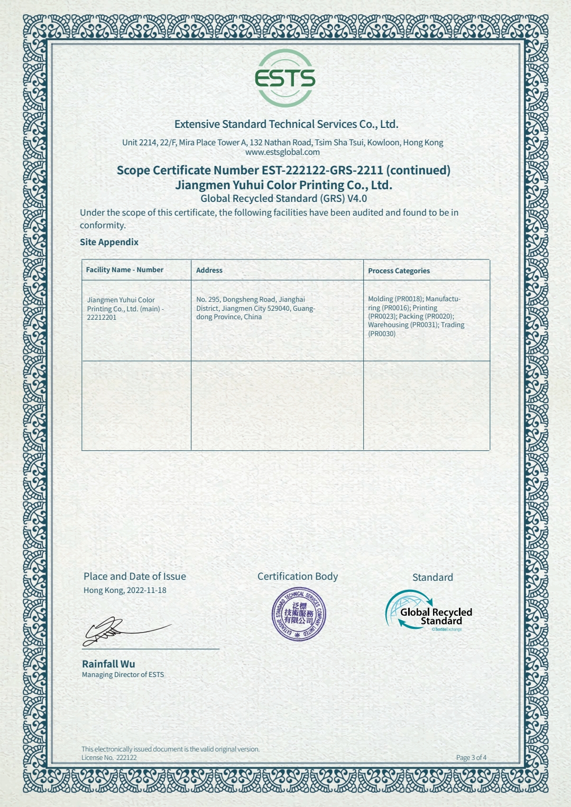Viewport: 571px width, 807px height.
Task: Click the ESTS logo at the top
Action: [285, 78]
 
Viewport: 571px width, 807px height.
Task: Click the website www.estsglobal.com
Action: [282, 152]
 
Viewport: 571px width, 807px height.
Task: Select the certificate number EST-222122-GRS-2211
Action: [322, 170]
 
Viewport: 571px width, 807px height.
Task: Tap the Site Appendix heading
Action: [109, 242]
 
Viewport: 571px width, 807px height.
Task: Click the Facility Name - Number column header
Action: [125, 270]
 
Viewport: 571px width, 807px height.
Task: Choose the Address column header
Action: [209, 270]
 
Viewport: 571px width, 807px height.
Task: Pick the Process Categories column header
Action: [399, 271]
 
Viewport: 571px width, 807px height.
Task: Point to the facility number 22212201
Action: [102, 317]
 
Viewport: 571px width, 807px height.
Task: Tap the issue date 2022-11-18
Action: [146, 590]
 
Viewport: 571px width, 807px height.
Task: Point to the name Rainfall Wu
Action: [108, 664]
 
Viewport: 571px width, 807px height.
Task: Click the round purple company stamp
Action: [299, 614]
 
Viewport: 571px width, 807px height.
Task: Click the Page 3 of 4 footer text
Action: [471, 757]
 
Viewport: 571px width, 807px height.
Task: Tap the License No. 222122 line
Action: [109, 757]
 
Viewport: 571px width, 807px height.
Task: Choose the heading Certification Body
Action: [298, 577]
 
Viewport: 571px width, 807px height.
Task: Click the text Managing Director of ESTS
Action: [123, 675]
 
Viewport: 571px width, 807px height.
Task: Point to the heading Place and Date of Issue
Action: [135, 577]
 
